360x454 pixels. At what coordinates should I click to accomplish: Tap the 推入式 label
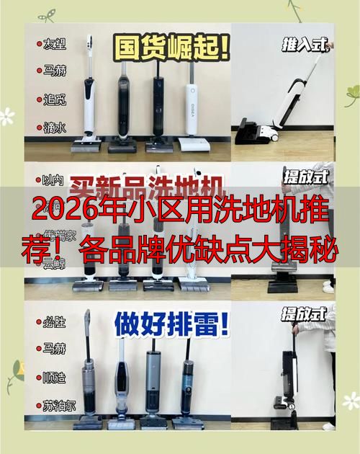click(305, 45)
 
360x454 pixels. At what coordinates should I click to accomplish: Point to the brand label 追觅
click(55, 99)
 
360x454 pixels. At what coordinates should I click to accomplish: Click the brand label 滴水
click(55, 127)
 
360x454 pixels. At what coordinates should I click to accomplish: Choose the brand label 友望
click(55, 45)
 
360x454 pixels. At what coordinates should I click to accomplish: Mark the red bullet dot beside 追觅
click(39, 99)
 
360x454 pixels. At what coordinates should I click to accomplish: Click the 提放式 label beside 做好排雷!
click(304, 313)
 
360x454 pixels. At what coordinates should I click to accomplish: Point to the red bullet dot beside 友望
click(39, 45)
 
